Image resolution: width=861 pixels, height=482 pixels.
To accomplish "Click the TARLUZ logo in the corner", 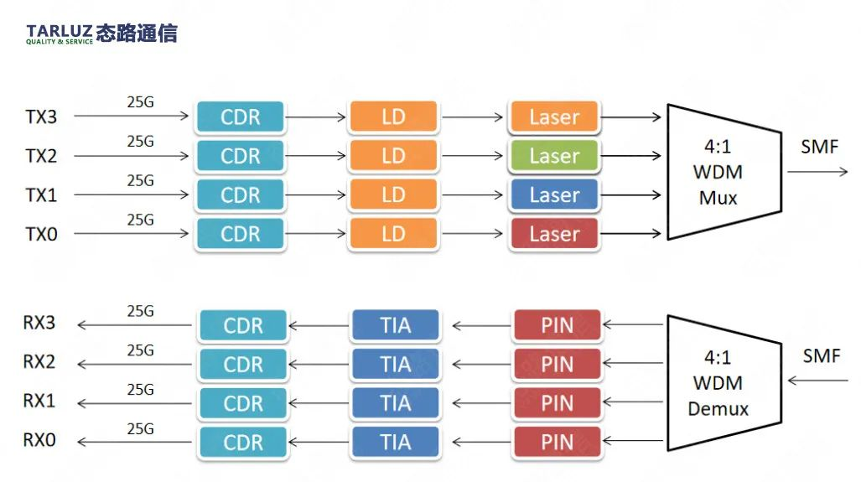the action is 101,34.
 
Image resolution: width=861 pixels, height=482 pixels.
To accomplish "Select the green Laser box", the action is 554,156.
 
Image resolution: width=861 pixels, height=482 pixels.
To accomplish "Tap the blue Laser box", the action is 554,194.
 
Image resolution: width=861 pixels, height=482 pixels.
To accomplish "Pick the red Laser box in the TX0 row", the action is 554,234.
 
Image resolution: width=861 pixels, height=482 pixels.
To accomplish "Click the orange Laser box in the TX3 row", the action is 554,117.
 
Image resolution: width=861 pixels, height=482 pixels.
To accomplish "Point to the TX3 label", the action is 41,117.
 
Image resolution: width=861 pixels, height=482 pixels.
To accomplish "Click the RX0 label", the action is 39,440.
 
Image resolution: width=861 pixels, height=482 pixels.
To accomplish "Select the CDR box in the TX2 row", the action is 240,156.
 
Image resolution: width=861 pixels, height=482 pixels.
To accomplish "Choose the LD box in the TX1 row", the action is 393,194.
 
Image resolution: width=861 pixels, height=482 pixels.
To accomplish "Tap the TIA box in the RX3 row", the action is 396,325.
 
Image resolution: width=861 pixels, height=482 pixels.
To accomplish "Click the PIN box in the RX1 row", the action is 558,403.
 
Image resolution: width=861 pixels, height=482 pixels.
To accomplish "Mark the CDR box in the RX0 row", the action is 243,442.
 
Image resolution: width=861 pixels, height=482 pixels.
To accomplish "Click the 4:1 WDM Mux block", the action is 724,172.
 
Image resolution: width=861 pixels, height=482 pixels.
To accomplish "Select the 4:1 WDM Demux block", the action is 724,382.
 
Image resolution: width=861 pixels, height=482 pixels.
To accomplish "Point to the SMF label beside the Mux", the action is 819,147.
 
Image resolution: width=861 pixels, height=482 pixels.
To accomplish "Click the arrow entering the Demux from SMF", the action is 817,380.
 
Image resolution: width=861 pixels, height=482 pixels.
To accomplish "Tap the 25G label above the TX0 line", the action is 141,220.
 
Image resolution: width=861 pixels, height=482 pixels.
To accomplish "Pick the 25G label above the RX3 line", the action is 141,311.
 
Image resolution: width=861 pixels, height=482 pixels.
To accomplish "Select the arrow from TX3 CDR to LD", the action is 315,117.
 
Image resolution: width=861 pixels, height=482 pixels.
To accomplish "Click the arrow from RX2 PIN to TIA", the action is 482,364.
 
